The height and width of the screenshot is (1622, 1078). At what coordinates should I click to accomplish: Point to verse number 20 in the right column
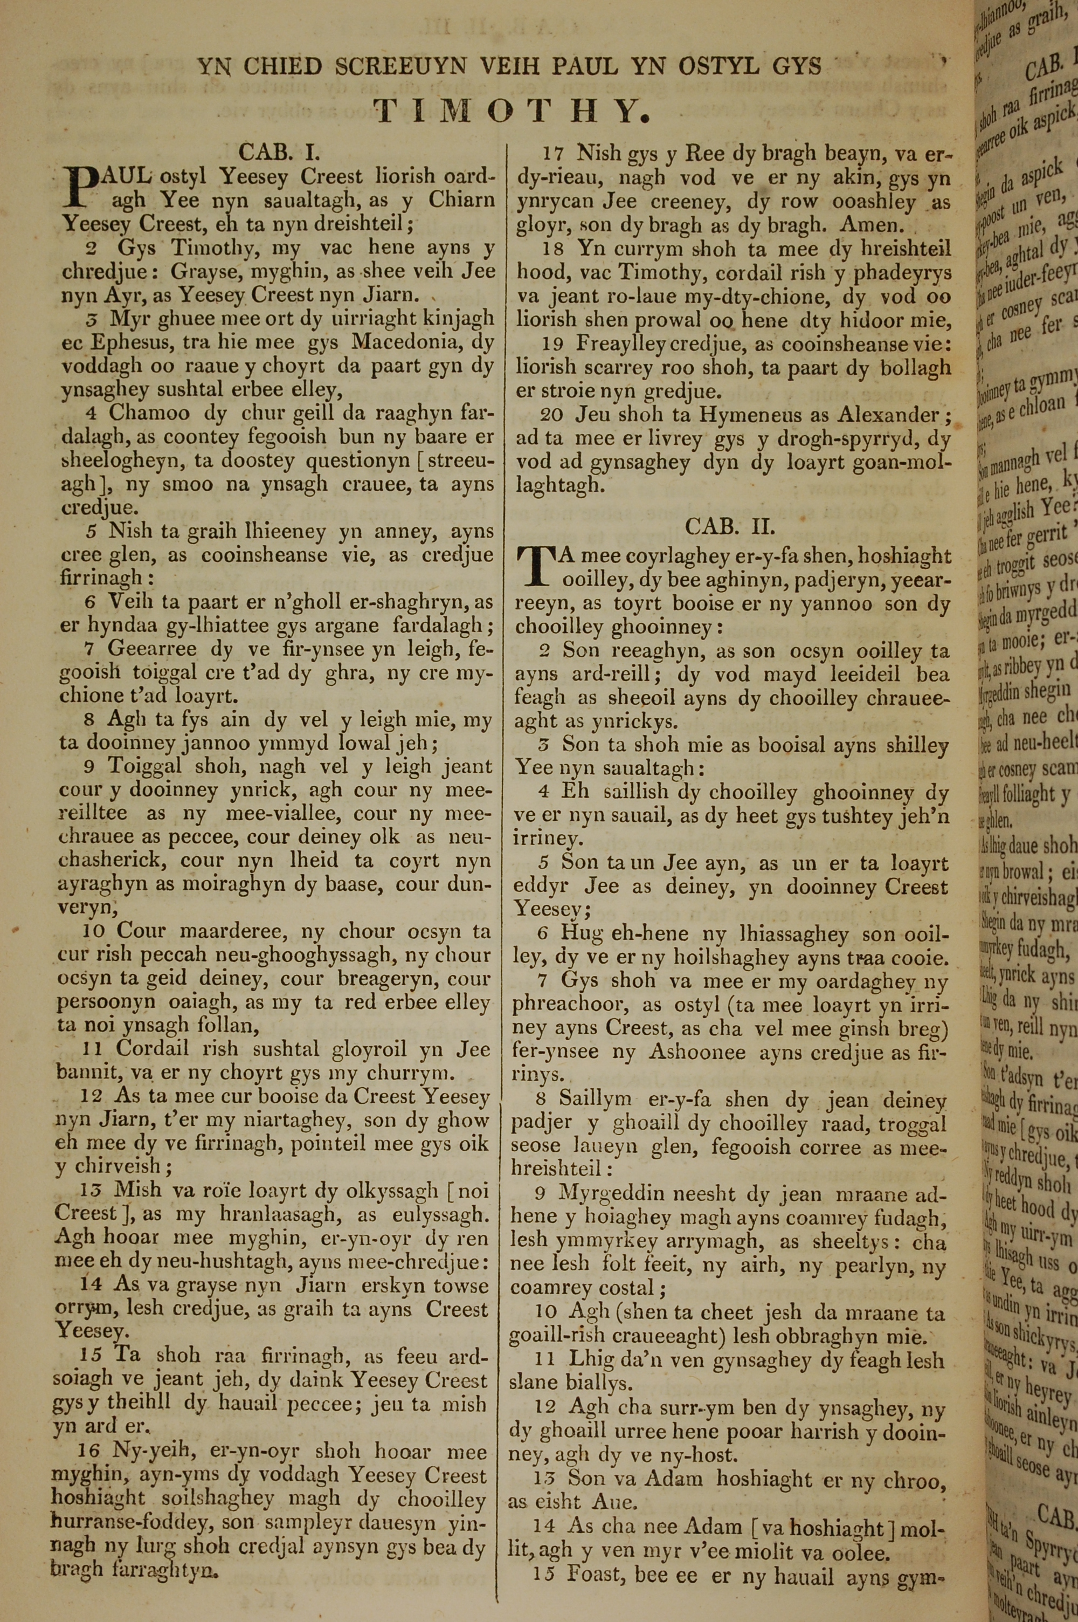click(552, 416)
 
